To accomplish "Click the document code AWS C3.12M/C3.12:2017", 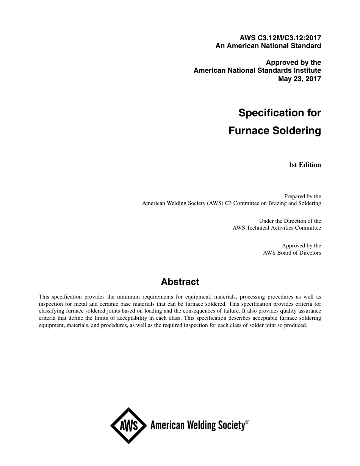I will pyautogui.click(x=280, y=38).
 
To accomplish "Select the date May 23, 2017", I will pyautogui.click(x=299, y=79).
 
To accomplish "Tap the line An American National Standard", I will pyautogui.click(x=268, y=46).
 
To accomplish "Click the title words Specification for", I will pyautogui.click(x=280, y=113).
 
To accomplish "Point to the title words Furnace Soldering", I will pyautogui.click(x=275, y=131).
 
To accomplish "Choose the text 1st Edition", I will pyautogui.click(x=305, y=165).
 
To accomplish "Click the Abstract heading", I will pyautogui.click(x=180, y=282).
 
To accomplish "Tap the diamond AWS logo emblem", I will pyautogui.click(x=128, y=425).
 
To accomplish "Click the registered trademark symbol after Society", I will pyautogui.click(x=247, y=421).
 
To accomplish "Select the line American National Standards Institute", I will pyautogui.click(x=257, y=70).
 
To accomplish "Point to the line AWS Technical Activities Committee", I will pyautogui.click(x=277, y=228).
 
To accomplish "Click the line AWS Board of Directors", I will pyautogui.click(x=292, y=253).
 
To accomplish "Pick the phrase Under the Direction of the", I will pyautogui.click(x=290, y=221).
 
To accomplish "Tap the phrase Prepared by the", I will pyautogui.click(x=302, y=196).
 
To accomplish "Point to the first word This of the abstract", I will pyautogui.click(x=44, y=297).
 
